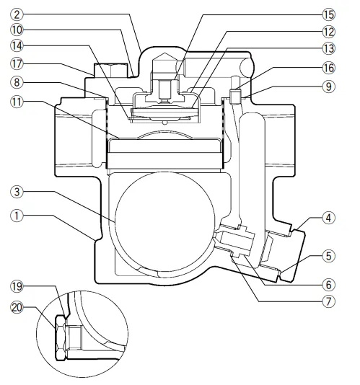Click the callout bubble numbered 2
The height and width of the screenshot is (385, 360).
pos(17,14)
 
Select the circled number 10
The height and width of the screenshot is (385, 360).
pos(17,30)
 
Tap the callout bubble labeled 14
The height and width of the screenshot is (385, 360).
pos(17,45)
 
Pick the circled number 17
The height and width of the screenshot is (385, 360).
pos(17,64)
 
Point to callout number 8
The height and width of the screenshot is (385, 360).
pos(17,82)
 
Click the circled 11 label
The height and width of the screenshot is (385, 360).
pos(17,102)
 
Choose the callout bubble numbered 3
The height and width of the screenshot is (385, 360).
pos(17,192)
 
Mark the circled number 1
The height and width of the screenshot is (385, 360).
pos(17,216)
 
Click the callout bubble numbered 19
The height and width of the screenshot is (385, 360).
pos(17,286)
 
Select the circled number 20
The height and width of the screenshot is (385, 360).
pos(17,307)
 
